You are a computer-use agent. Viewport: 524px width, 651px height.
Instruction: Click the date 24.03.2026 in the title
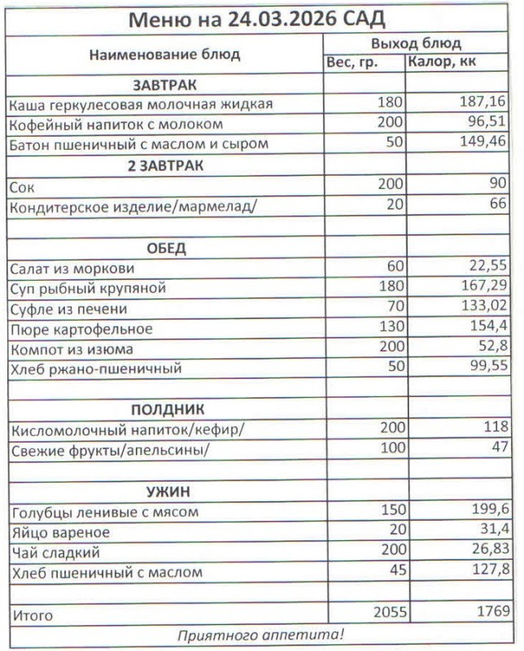coord(277,19)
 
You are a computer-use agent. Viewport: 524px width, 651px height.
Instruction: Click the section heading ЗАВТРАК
coord(165,84)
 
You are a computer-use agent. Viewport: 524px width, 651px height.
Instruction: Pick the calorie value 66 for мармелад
coord(497,206)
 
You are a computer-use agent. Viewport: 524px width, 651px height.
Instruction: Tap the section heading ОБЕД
coord(166,247)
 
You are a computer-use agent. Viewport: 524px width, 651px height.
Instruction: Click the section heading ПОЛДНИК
coord(165,409)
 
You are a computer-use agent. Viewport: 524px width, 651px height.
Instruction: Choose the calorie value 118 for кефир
coord(492,429)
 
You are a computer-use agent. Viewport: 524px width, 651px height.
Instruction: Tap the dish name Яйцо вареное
coord(62,533)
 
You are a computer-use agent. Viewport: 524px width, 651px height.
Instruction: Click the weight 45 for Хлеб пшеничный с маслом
coord(395,572)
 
